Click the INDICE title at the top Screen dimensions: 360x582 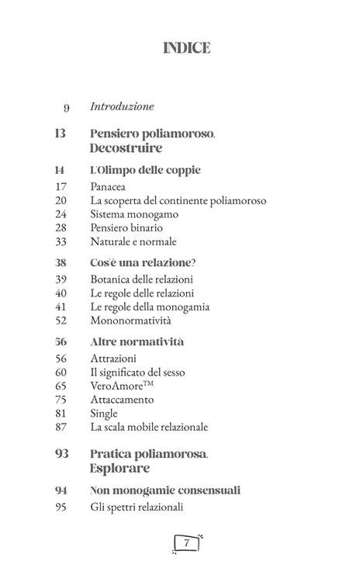click(187, 48)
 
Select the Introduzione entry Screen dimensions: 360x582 click(123, 106)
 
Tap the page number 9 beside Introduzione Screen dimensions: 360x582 click(66, 107)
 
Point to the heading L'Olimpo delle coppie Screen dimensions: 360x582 click(146, 169)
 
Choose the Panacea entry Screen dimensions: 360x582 click(109, 186)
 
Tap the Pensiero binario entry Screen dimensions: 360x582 click(126, 228)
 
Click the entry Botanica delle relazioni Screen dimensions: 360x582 click(141, 279)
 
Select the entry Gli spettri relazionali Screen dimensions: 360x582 click(137, 508)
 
